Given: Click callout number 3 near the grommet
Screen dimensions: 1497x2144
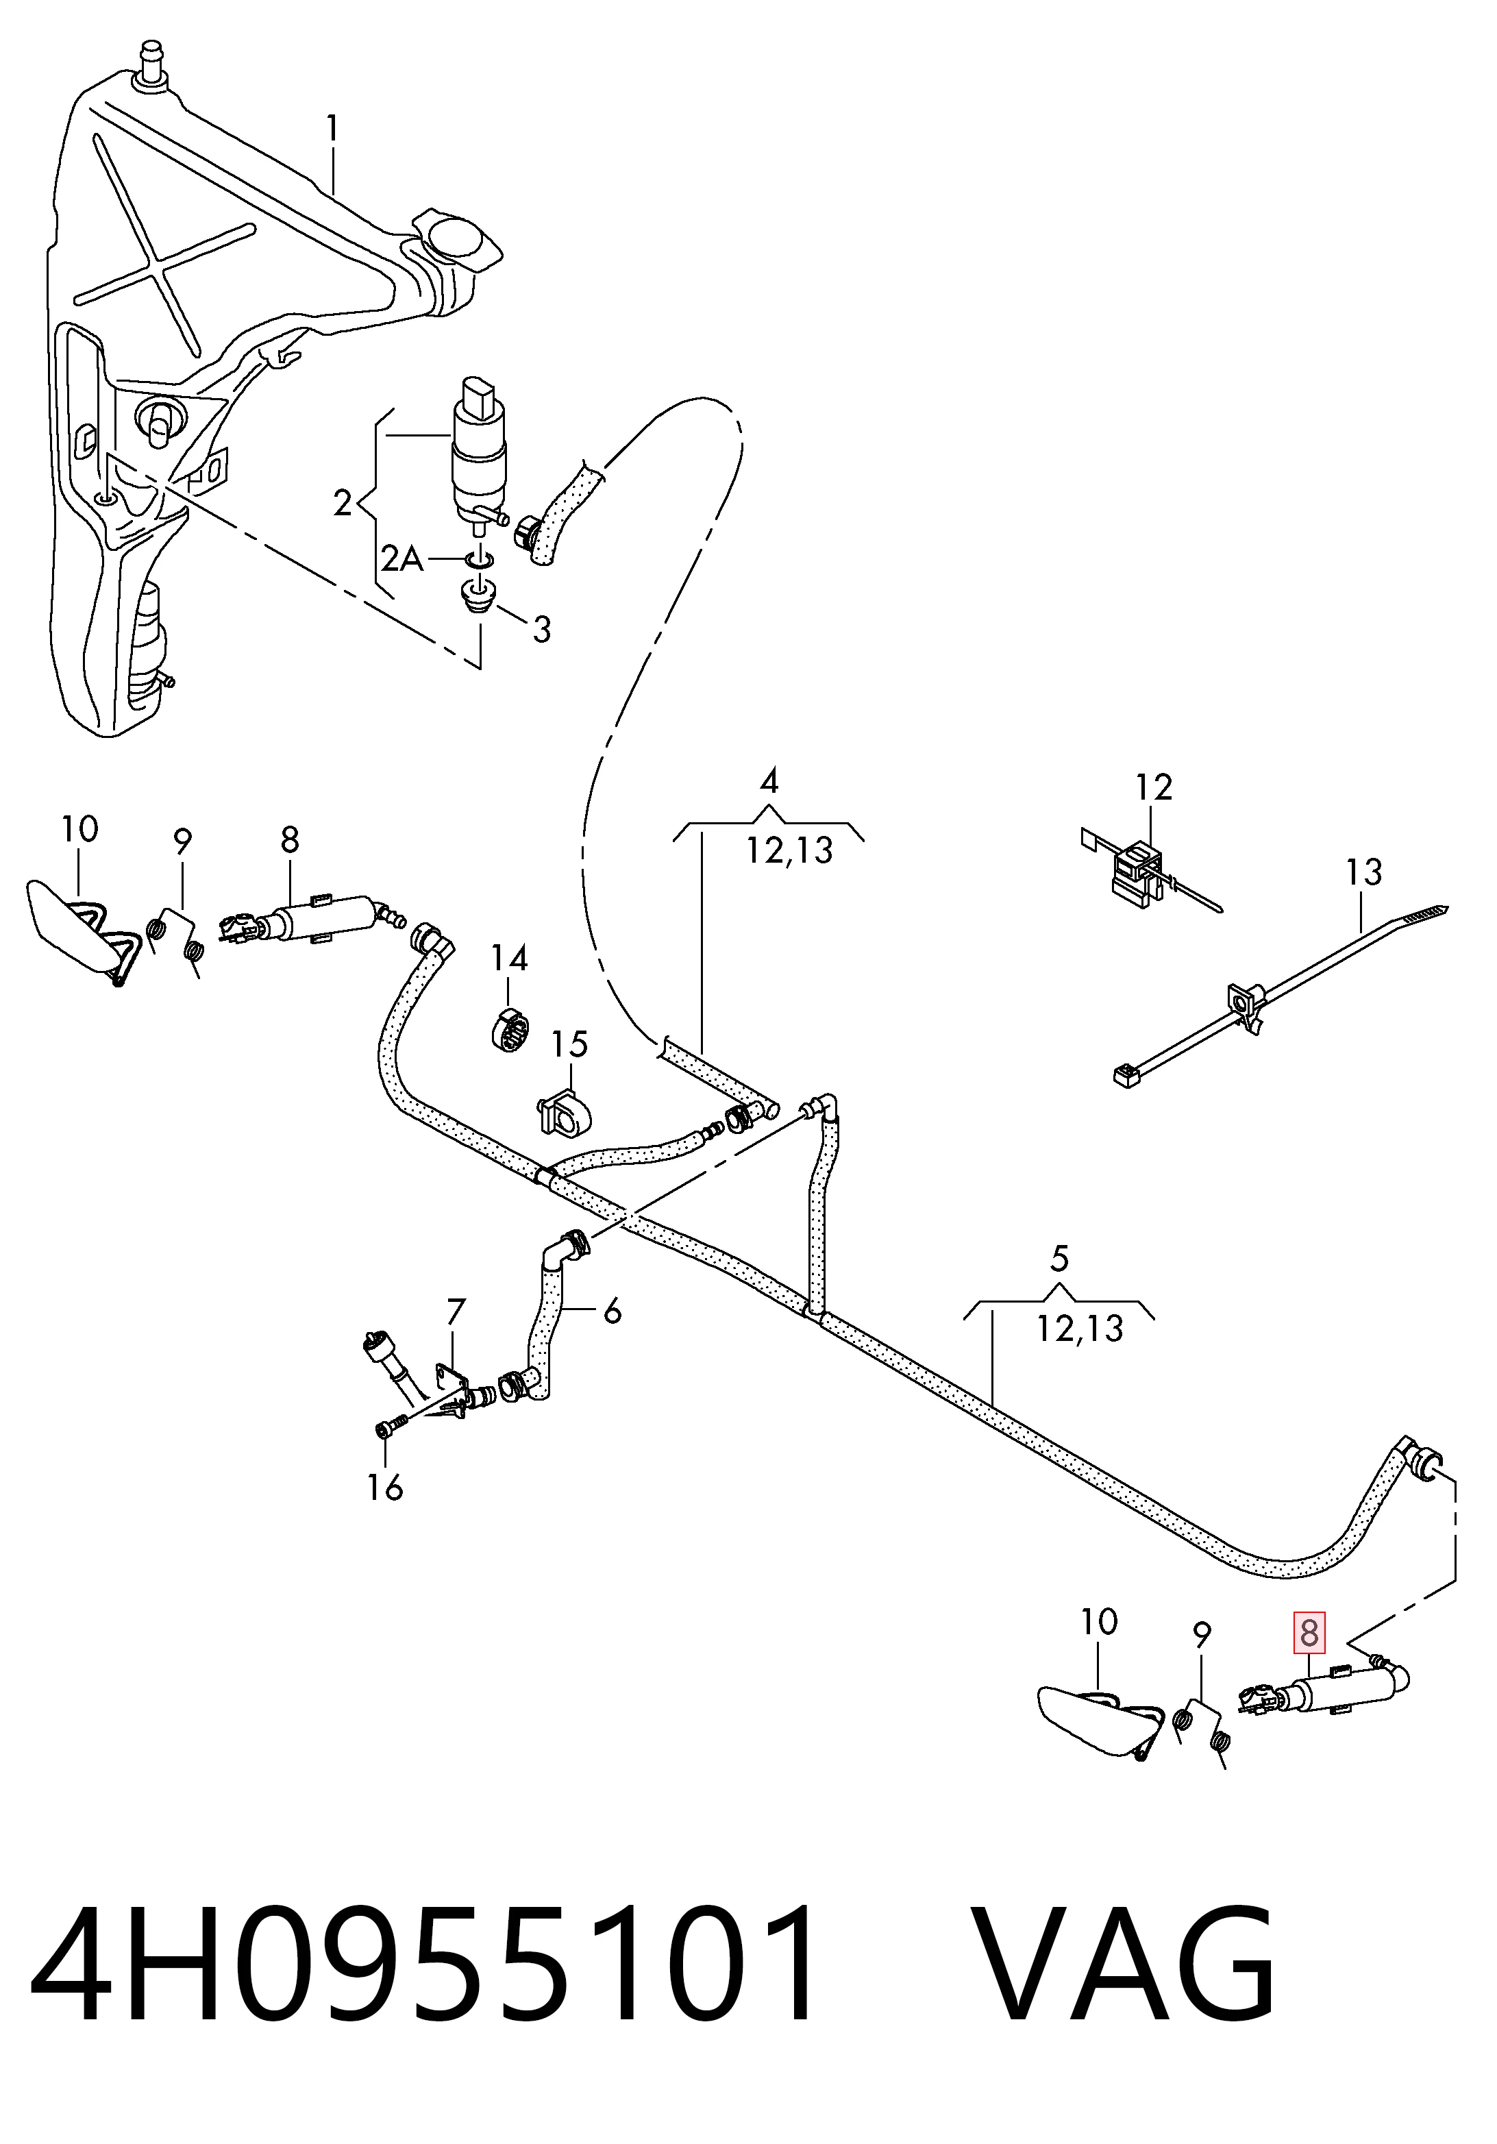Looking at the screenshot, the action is [x=542, y=630].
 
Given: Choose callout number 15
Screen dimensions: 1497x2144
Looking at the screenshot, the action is [x=569, y=1044].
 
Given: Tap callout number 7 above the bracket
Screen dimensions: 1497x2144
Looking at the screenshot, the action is [x=455, y=1312].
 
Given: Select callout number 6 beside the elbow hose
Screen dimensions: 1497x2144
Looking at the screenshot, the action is [x=612, y=1311].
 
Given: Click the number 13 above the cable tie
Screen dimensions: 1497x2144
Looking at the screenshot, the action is [x=1363, y=872].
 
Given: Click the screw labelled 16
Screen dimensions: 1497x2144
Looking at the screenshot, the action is [x=391, y=1427].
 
